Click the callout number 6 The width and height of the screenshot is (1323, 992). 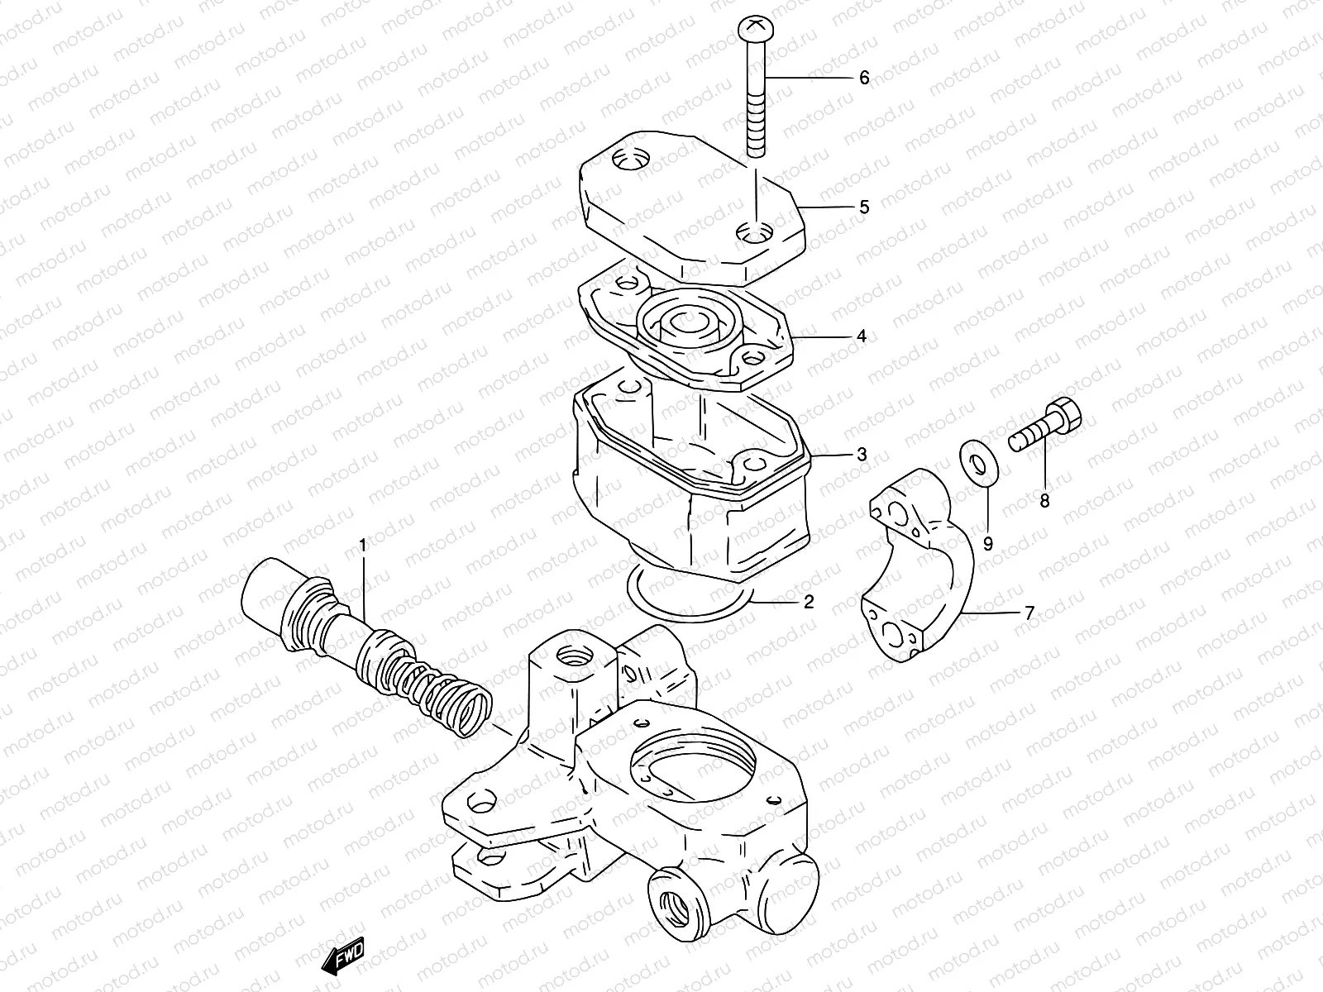point(864,78)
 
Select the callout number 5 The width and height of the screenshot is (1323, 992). point(864,207)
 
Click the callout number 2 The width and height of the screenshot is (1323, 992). point(808,601)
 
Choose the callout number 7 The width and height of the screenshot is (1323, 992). point(1029,613)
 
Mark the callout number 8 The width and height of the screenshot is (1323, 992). point(1044,500)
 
